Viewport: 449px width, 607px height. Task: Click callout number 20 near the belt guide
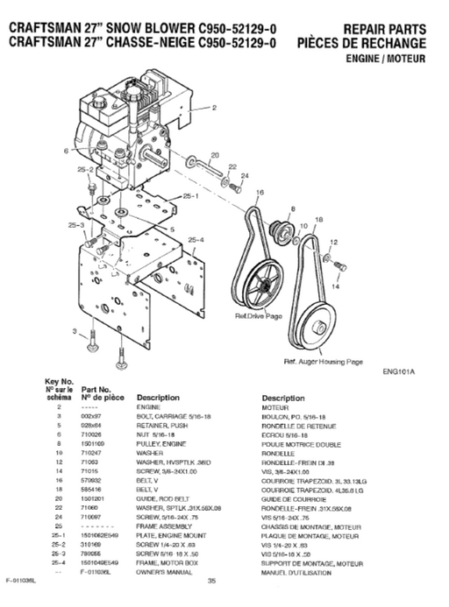(x=214, y=155)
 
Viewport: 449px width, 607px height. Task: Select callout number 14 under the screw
(x=336, y=285)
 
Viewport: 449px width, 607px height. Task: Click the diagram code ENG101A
(x=399, y=371)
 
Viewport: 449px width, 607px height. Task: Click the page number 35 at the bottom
(x=211, y=580)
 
